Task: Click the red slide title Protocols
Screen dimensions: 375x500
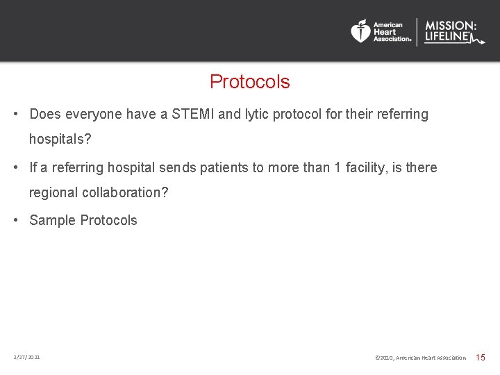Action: click(249, 82)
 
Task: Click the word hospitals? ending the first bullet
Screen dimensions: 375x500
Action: click(60, 139)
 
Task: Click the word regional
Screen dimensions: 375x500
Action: click(53, 192)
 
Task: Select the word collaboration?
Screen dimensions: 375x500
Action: click(125, 192)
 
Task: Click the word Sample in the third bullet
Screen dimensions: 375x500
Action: click(52, 220)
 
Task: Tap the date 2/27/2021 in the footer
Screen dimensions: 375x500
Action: click(26, 357)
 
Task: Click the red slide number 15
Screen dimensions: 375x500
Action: click(480, 357)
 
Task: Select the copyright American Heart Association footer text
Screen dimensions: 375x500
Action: click(420, 358)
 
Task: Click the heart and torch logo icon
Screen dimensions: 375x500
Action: click(360, 31)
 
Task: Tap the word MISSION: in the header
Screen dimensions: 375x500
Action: click(451, 26)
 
